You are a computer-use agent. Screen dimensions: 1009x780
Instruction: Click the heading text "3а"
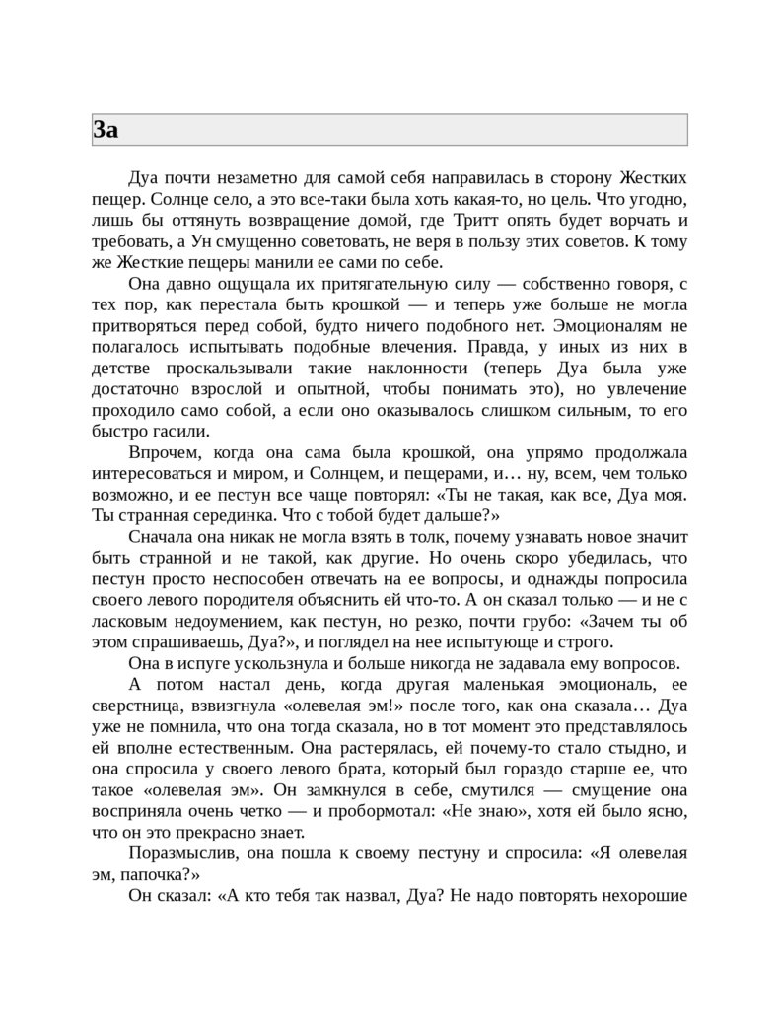point(106,129)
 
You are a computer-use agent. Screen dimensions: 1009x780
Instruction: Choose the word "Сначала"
point(163,537)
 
